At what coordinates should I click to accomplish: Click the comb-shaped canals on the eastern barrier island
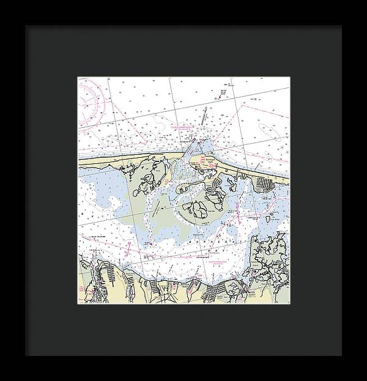(x=265, y=183)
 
